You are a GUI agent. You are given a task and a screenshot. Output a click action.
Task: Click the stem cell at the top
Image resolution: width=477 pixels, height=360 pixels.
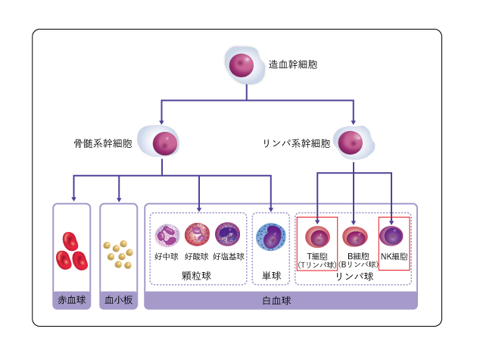click(243, 65)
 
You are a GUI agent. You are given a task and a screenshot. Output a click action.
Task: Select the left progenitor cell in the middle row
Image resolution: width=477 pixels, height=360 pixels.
click(161, 142)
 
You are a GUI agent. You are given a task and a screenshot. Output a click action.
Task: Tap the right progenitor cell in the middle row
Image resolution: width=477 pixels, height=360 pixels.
click(352, 142)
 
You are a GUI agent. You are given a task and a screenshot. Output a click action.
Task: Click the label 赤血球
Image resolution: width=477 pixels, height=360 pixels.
click(72, 300)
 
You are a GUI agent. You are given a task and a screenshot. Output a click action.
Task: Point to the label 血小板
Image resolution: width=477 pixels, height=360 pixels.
click(119, 300)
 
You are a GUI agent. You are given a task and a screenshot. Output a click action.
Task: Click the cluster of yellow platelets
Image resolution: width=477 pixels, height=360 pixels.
click(118, 254)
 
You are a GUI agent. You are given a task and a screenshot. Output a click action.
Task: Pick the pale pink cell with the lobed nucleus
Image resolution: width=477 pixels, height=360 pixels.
click(167, 235)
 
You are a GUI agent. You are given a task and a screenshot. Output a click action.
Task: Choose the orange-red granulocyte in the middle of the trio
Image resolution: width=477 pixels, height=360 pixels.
click(197, 234)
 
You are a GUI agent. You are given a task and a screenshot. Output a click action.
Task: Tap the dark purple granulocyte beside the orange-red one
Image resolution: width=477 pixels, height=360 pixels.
click(227, 234)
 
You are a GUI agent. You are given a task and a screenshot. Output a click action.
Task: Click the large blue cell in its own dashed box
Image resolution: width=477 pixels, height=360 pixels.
click(270, 236)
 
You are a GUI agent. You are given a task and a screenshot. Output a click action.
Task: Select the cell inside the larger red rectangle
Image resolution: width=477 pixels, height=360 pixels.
click(317, 237)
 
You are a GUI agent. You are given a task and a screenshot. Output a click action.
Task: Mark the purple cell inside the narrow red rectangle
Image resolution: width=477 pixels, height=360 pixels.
click(391, 236)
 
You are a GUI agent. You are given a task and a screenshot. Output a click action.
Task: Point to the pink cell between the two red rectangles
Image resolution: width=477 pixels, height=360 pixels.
click(354, 236)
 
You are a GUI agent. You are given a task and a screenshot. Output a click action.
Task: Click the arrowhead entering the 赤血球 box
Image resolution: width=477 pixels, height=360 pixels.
click(73, 199)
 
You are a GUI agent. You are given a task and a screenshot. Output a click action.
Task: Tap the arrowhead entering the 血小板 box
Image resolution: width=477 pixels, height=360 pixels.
click(119, 200)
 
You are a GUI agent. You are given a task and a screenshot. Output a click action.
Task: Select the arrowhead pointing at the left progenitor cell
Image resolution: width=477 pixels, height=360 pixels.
click(161, 122)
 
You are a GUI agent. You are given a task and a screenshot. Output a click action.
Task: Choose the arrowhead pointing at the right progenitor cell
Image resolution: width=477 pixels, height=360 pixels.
click(353, 122)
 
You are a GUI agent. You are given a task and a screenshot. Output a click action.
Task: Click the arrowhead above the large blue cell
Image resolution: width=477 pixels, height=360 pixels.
click(270, 208)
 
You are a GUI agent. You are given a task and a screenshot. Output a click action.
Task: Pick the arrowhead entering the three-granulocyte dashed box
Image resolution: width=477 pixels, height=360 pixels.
click(199, 208)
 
